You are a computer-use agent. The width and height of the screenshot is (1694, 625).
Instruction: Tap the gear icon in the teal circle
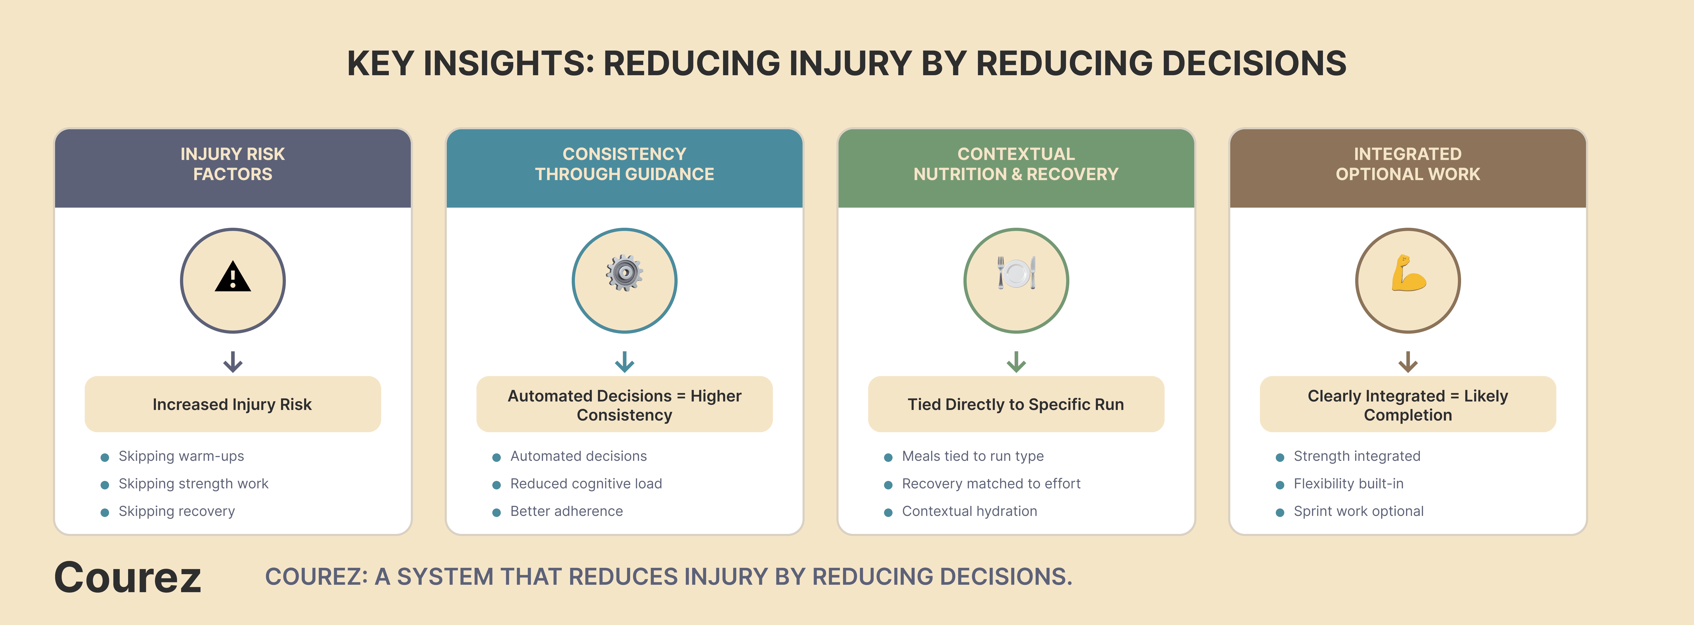pyautogui.click(x=624, y=272)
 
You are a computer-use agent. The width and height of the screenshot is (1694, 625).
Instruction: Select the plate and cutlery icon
pyautogui.click(x=1016, y=272)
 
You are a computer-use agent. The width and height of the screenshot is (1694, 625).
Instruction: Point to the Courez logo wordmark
pyautogui.click(x=128, y=578)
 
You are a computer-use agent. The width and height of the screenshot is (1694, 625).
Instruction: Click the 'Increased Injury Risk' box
pyautogui.click(x=233, y=404)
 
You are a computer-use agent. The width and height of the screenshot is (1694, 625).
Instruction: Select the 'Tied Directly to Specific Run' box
pyautogui.click(x=1016, y=404)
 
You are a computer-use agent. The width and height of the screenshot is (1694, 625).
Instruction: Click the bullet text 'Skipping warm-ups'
pyautogui.click(x=181, y=456)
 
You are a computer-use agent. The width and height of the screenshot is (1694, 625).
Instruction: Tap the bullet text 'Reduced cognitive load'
pyautogui.click(x=586, y=484)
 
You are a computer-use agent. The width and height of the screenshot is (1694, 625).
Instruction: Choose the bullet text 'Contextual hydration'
pyautogui.click(x=969, y=511)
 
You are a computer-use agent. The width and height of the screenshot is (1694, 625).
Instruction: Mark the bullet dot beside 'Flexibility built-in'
pyautogui.click(x=1280, y=485)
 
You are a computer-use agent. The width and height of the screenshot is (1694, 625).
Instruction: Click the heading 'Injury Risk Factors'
pyautogui.click(x=233, y=164)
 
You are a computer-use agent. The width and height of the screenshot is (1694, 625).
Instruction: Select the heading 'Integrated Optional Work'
pyautogui.click(x=1408, y=164)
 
